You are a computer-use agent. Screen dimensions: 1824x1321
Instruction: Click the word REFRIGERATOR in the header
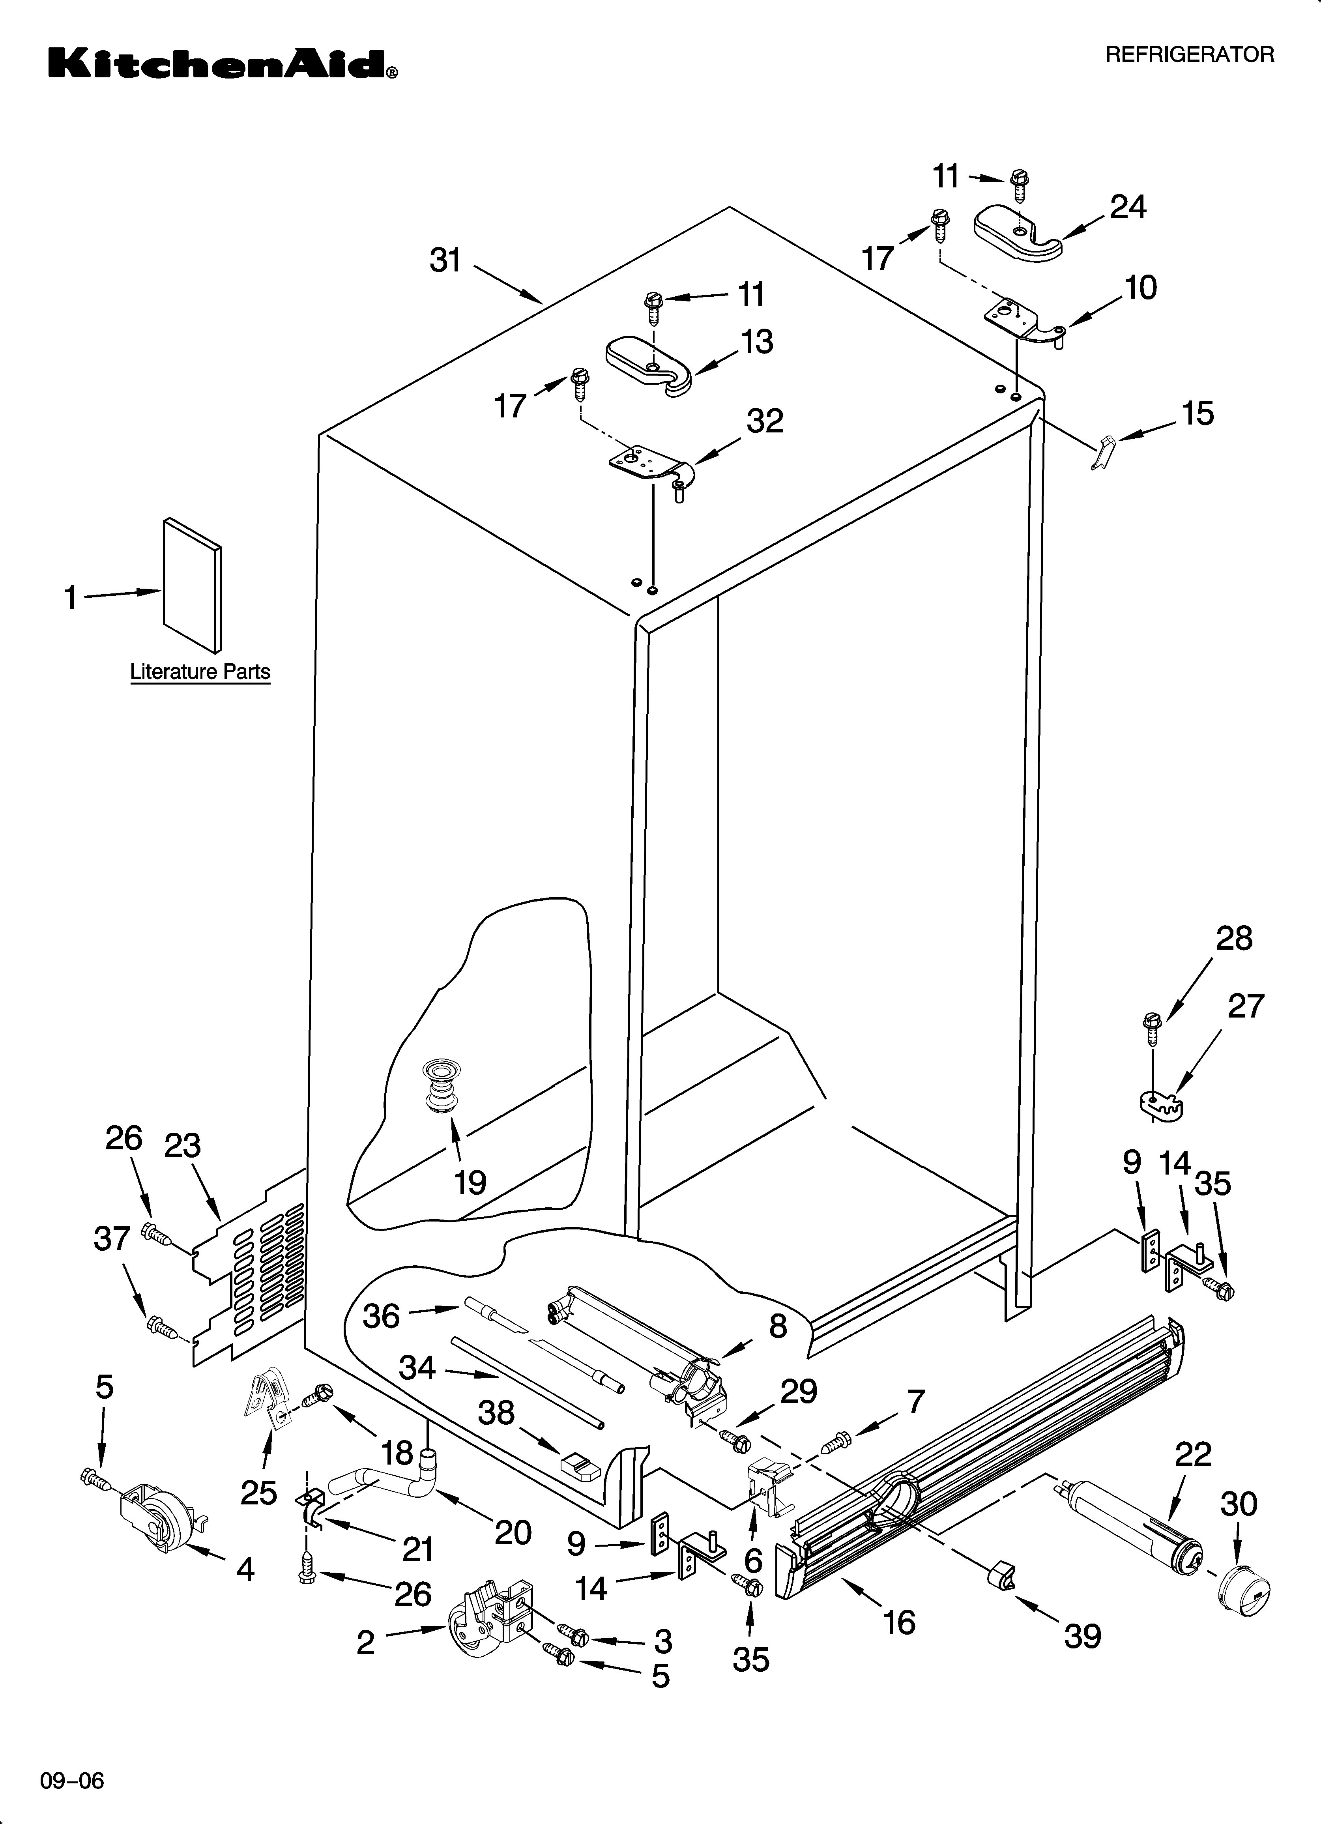click(x=1189, y=55)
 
